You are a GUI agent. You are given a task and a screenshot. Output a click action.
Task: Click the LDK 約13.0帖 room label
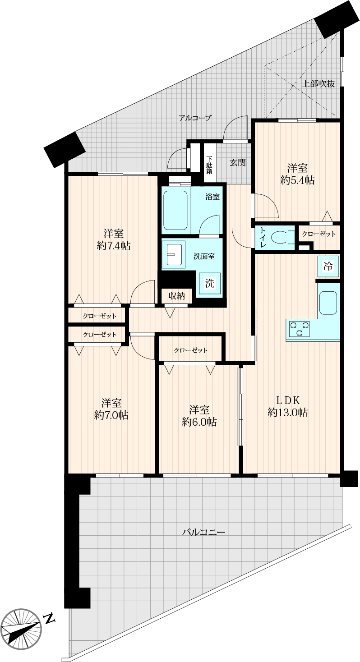(287, 406)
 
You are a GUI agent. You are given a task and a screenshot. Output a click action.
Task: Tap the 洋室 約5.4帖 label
(297, 174)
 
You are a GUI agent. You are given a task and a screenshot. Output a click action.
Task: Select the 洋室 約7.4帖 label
(114, 239)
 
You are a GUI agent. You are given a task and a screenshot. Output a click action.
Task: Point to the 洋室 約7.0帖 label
(111, 409)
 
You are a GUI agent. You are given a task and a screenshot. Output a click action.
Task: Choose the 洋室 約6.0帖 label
(199, 416)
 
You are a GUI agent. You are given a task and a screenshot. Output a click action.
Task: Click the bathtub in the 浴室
(175, 211)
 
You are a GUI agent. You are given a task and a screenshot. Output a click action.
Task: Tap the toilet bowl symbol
(282, 237)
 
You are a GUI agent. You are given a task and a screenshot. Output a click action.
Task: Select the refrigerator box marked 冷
(328, 266)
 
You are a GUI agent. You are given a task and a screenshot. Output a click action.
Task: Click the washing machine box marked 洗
(210, 283)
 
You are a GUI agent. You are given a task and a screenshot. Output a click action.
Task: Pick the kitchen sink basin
(328, 303)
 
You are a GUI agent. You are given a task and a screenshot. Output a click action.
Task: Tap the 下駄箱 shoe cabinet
(210, 163)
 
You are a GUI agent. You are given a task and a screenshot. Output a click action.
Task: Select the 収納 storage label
(176, 296)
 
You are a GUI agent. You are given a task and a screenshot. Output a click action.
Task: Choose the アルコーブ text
(195, 118)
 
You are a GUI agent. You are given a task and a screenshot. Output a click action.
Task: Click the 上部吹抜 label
(318, 83)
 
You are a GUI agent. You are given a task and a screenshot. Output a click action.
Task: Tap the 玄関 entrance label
(238, 162)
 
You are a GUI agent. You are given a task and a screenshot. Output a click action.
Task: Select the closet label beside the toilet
(319, 234)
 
